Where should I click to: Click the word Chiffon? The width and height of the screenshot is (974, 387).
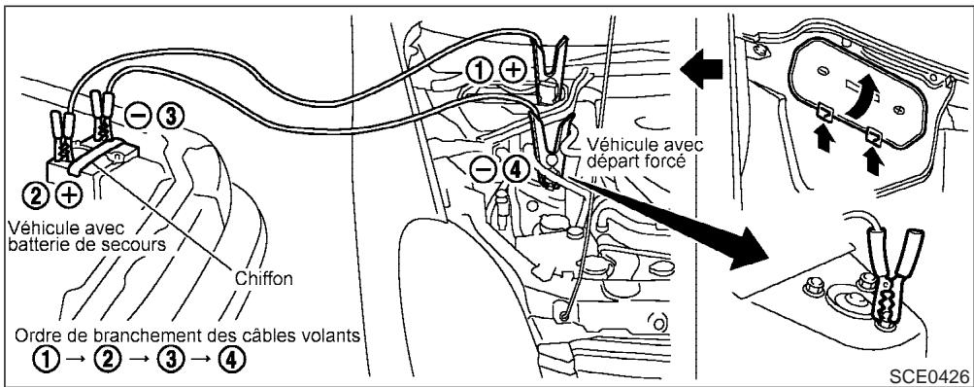264,277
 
